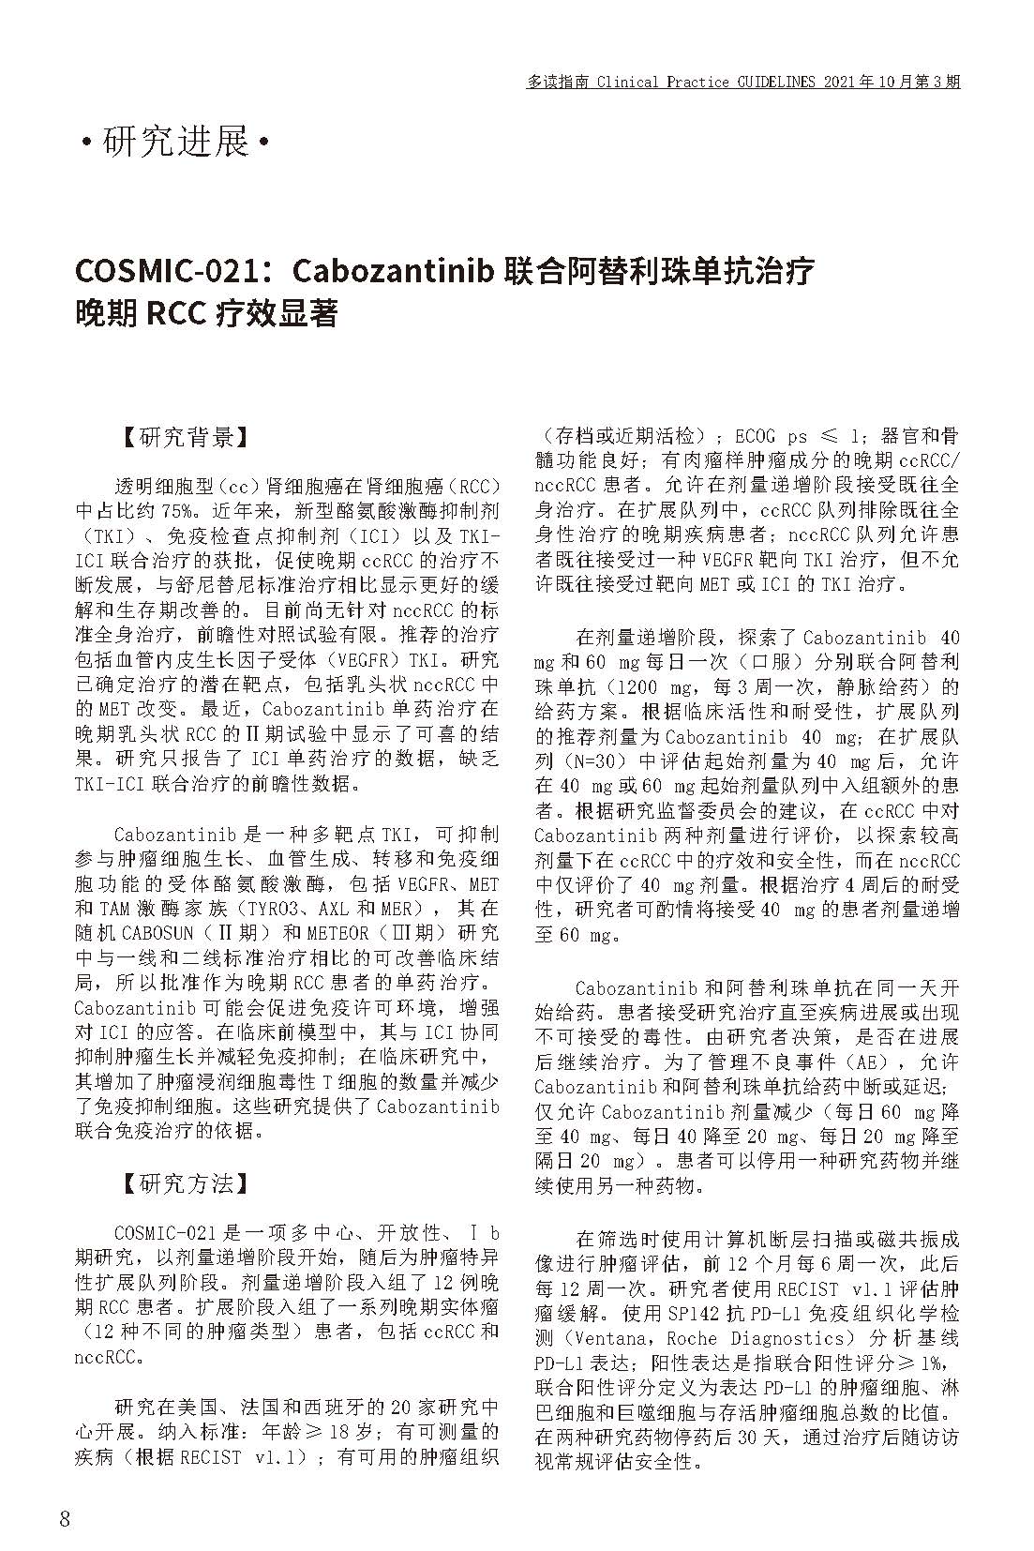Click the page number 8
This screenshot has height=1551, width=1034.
pyautogui.click(x=65, y=1519)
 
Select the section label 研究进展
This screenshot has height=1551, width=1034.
pyautogui.click(x=176, y=143)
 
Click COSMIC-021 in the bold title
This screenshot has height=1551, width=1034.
pyautogui.click(x=166, y=271)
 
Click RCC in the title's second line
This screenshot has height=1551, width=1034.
pyautogui.click(x=176, y=313)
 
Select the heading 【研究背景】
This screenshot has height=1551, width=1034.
pyautogui.click(x=186, y=438)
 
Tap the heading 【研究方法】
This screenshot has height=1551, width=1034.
pyautogui.click(x=186, y=1183)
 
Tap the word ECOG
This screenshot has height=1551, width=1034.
pyautogui.click(x=756, y=437)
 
